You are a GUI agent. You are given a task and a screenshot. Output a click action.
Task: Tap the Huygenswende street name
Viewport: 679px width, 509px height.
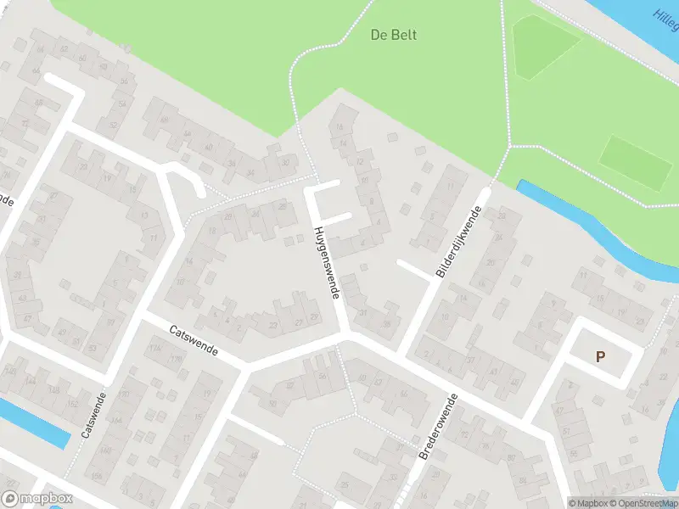pos(327,262)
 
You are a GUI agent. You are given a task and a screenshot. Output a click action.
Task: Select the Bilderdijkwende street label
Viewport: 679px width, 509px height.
pos(458,242)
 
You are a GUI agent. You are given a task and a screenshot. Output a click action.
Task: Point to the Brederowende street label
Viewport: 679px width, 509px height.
pos(438,427)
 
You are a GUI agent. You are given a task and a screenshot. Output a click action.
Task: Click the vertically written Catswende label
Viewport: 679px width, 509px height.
pos(93,414)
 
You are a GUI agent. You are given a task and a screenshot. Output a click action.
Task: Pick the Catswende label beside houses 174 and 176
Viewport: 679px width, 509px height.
pos(193,339)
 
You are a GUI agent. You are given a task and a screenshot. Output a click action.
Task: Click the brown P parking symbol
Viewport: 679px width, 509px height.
pos(601,357)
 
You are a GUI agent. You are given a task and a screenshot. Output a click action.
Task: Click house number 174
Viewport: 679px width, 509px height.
pos(154,349)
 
